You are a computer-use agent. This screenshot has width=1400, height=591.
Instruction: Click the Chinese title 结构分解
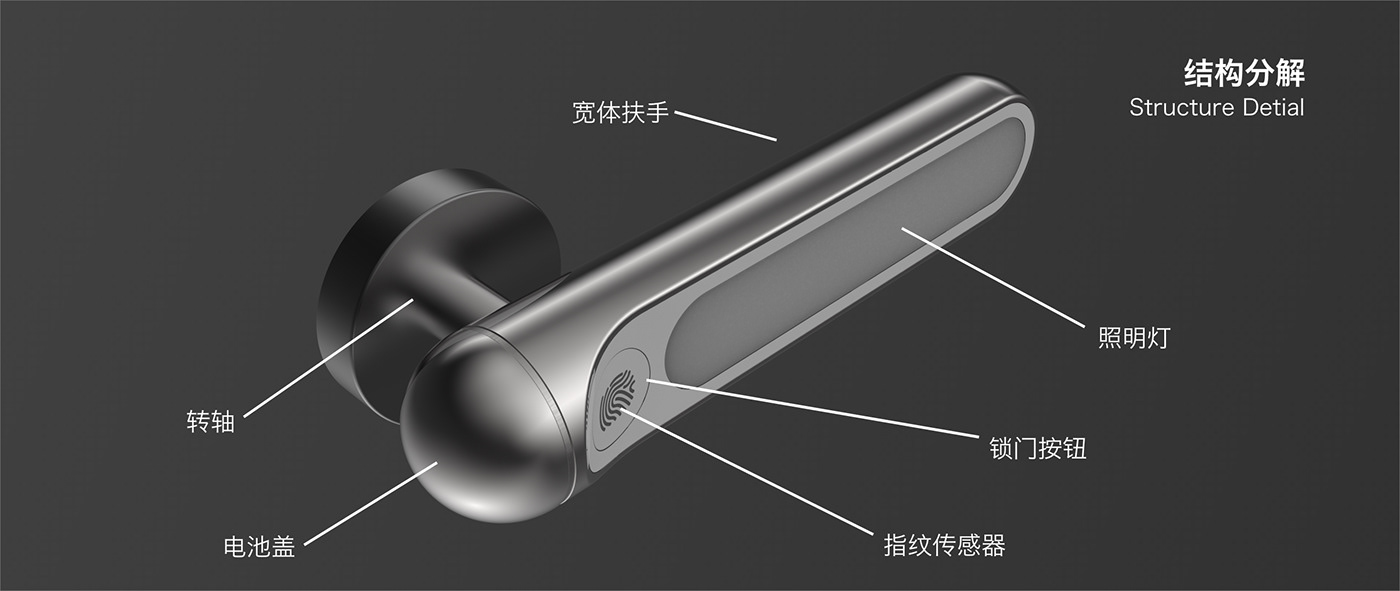tap(1244, 73)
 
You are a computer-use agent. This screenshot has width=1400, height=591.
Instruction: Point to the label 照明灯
tap(1133, 338)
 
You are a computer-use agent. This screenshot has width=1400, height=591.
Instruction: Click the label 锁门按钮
tap(1037, 448)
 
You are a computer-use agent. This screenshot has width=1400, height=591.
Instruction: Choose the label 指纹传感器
tap(944, 546)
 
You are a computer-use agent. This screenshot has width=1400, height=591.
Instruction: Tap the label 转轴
tap(210, 421)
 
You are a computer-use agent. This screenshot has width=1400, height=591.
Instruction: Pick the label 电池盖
tap(259, 548)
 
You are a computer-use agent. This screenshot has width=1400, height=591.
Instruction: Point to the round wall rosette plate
tap(360, 270)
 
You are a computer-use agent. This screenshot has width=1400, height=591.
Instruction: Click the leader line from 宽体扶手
tap(725, 126)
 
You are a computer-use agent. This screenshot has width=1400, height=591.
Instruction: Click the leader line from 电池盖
tap(370, 504)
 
